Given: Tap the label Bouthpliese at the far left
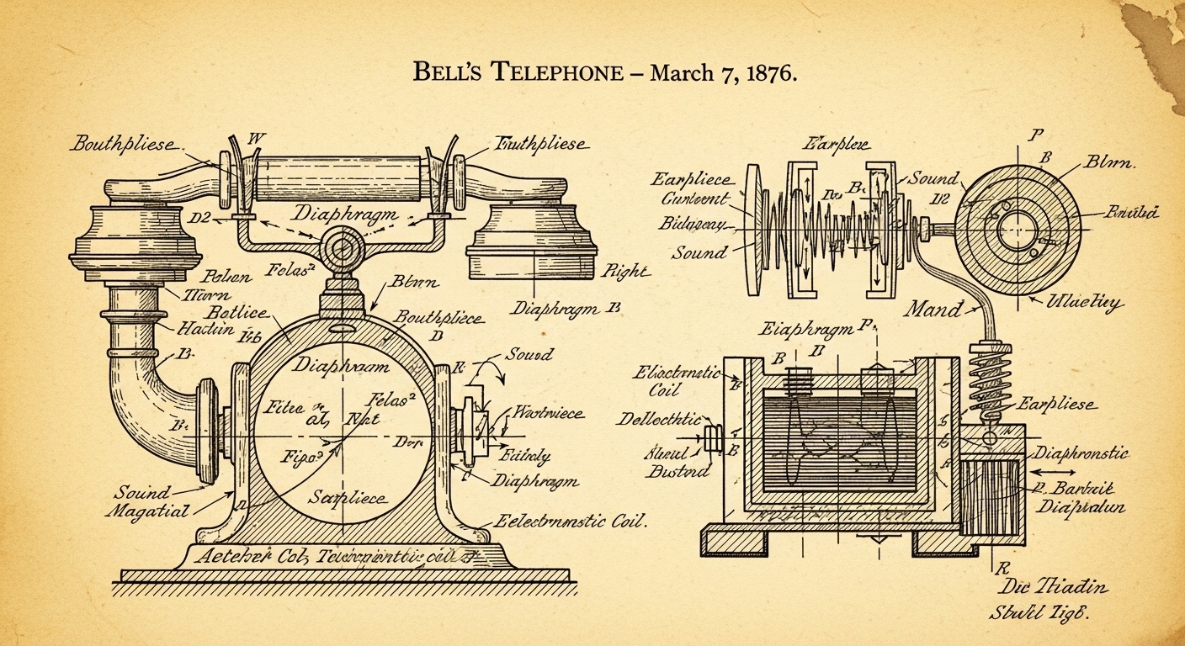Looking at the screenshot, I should pos(124,144).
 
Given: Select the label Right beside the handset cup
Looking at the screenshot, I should pos(626,272).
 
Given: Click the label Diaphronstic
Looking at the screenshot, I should pos(1081,453).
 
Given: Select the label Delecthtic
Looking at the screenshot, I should pos(660,418).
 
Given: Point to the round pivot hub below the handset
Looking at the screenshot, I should pos(344,249).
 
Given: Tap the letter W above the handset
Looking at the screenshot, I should pos(257,138).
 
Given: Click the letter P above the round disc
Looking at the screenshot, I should pos(1034,135).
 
